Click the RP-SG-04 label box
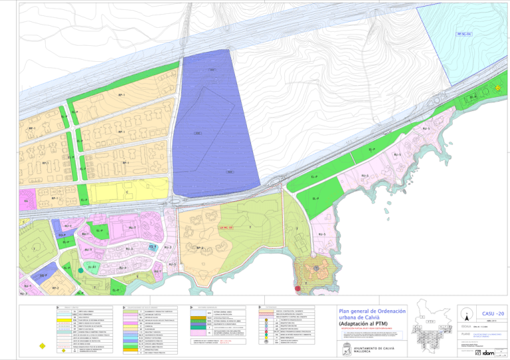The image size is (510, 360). pyautogui.click(x=464, y=33)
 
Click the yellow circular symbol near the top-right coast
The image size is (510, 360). pyautogui.click(x=497, y=88)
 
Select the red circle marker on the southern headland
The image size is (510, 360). pyautogui.click(x=297, y=288)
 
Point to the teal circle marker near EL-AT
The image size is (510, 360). pyautogui.click(x=80, y=271)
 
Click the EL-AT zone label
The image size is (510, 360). pyautogui.click(x=93, y=266)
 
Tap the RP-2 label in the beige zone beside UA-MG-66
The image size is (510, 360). pyautogui.click(x=199, y=248)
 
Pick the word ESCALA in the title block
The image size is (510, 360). pyautogui.click(x=465, y=326)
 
